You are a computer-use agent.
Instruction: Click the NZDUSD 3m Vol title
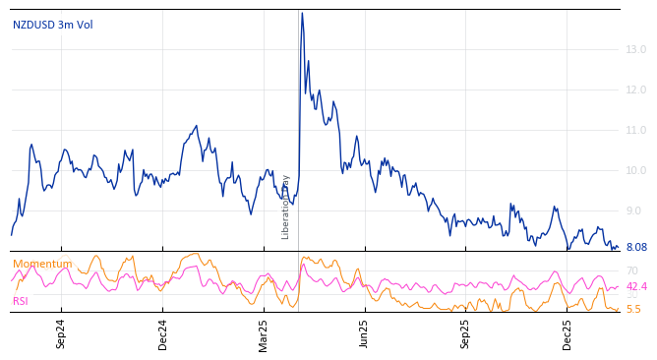tap(53, 25)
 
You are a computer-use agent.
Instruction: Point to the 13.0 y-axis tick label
tap(635, 49)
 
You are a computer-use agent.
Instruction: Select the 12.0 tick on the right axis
tap(635, 90)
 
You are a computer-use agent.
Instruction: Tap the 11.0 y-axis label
tap(635, 130)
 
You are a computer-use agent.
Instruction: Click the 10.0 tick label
tap(635, 170)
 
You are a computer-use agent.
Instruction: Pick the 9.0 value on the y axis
tap(635, 210)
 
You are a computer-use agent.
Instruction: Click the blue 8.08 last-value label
tap(635, 248)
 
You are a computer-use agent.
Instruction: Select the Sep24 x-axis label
tap(61, 334)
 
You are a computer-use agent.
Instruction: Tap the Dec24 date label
tap(163, 334)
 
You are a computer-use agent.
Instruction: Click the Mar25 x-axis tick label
tap(264, 334)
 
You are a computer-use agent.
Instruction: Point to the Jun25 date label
tap(365, 334)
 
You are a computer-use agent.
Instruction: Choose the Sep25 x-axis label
tap(466, 334)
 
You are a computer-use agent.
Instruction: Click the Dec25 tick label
tap(567, 334)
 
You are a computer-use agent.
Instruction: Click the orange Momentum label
tap(42, 264)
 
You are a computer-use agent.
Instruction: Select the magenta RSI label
tap(21, 301)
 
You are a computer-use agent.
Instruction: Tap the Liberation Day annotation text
tap(286, 207)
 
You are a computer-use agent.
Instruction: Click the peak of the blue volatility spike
tap(302, 13)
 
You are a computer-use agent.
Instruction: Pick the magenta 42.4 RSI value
tap(636, 287)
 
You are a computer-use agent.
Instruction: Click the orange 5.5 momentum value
tap(632, 309)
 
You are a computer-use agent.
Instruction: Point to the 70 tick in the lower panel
tap(631, 270)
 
